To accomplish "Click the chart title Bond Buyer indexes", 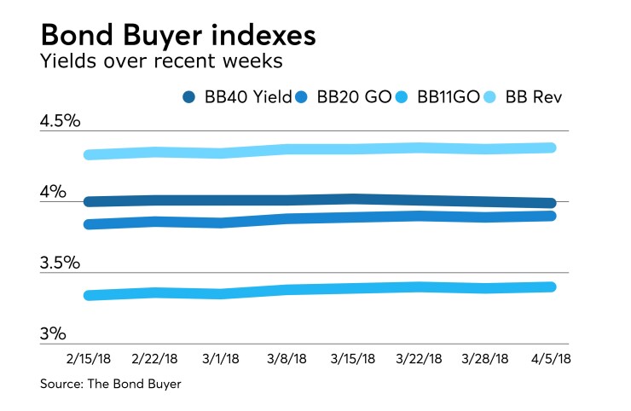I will [x=179, y=37].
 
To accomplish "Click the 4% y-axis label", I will [x=53, y=193].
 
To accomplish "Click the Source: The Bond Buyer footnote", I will [x=110, y=385].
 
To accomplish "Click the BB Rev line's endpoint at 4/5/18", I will [x=552, y=148].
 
